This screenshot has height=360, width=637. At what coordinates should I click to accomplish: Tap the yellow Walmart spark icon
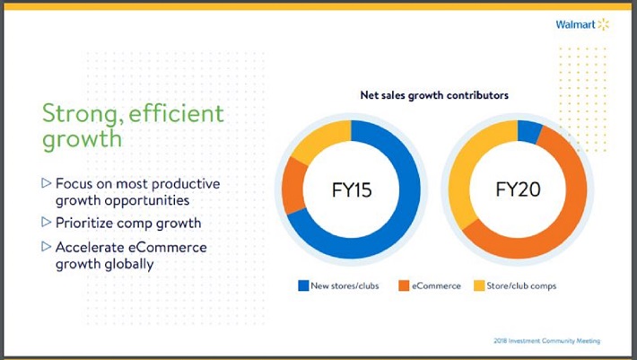tap(603, 24)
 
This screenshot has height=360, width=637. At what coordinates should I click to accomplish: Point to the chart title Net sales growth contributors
tap(430, 94)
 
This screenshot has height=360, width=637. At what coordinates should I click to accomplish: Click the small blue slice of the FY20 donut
tap(529, 132)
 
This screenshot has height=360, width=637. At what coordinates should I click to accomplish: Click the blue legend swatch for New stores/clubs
tap(304, 285)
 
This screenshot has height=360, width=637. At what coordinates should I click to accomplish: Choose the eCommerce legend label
tap(437, 285)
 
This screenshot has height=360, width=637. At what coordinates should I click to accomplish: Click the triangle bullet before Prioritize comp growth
tap(47, 222)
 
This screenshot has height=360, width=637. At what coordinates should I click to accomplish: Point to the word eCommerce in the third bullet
tap(164, 247)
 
